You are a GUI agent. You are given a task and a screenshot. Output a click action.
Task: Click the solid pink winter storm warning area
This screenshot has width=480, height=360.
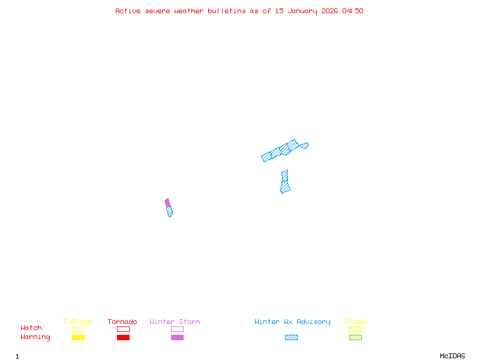167,203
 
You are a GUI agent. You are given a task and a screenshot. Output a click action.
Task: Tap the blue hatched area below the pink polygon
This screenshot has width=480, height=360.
170,211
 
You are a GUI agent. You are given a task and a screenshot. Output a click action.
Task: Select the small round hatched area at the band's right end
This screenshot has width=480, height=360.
305,145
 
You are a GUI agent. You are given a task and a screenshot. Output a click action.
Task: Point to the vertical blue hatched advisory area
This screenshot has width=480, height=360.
285,182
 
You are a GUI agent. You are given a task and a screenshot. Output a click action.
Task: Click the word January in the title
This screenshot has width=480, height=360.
305,11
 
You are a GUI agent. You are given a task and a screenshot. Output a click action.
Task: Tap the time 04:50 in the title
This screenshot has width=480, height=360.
353,11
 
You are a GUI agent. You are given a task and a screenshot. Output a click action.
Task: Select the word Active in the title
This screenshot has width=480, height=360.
128,11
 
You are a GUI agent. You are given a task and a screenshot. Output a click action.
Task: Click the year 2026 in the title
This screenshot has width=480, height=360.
331,11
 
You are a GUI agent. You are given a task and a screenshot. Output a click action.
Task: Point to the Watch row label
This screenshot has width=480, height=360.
31,328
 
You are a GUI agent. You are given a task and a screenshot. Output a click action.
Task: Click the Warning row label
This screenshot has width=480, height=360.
35,337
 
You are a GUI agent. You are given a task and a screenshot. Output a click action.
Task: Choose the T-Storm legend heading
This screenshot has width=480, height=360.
77,322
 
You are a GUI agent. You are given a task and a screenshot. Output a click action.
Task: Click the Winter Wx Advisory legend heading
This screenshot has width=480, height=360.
292,322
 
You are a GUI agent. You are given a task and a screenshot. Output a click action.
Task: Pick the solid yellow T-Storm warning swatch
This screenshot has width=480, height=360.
78,337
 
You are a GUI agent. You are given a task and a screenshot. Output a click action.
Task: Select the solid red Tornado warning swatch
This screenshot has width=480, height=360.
123,337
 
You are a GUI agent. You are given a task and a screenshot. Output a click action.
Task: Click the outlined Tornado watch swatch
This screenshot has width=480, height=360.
123,329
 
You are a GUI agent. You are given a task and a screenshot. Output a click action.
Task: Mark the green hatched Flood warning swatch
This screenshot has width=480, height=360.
355,337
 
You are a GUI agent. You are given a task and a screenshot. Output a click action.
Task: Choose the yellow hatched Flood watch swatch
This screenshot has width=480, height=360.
355,329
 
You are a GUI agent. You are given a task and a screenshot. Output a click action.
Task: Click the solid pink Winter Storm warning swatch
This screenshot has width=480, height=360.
177,337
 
